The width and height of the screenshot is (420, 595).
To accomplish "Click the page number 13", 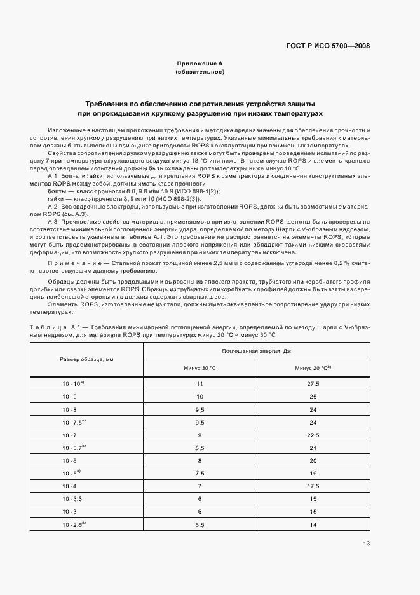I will pos(367,543).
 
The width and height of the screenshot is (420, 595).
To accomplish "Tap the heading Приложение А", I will pos(200,64).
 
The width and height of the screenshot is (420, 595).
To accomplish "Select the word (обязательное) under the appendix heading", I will pos(200,72).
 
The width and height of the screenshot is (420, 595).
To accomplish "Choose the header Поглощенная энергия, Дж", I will pos(257,351).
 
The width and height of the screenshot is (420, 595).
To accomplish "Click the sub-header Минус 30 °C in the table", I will pos(200,368).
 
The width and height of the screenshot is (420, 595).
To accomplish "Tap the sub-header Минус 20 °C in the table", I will pos(313,368).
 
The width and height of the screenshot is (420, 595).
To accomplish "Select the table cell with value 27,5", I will pos(313,384).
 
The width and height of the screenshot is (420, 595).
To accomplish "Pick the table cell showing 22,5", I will pos(313,435).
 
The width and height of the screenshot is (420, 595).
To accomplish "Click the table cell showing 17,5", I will pos(313,486).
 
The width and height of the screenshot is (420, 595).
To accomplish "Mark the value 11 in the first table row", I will pos(200,384).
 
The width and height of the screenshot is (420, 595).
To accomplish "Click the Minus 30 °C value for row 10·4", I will pos(200,486).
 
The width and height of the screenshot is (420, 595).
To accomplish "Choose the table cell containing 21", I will pos(313,448).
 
